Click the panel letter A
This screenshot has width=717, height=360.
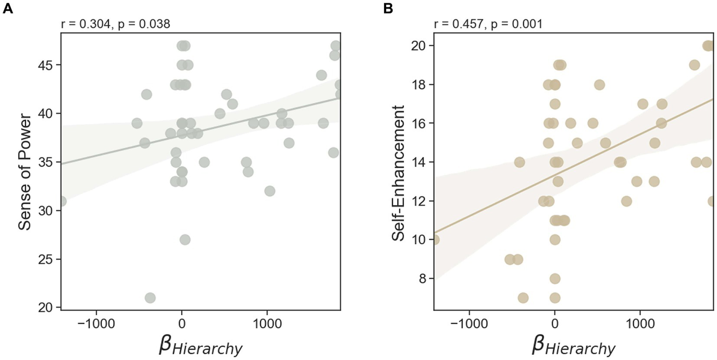pos(7,8)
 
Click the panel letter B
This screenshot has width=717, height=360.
pos(388,8)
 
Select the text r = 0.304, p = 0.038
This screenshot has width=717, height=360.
pos(116,24)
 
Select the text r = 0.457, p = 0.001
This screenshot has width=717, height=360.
pos(489,24)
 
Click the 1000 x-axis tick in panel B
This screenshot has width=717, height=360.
pos(639,323)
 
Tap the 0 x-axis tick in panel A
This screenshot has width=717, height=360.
pos(182,323)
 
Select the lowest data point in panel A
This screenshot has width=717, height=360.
pos(150,298)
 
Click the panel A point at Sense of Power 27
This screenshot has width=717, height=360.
pos(185,240)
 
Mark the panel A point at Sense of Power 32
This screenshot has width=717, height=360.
pos(270,191)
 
